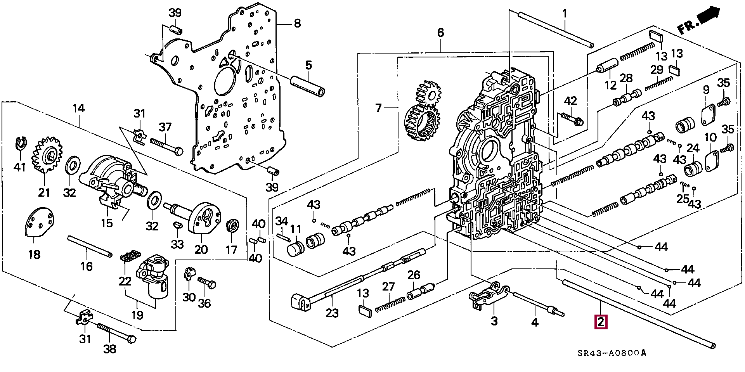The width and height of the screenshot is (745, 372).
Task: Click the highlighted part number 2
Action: pos(600,322)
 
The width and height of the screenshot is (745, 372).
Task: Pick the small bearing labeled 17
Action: pos(233,226)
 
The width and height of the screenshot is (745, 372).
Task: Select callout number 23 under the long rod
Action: pos(332,312)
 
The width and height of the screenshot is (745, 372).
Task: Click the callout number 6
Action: pos(440,33)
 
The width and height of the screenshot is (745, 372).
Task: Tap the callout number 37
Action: pos(165,127)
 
